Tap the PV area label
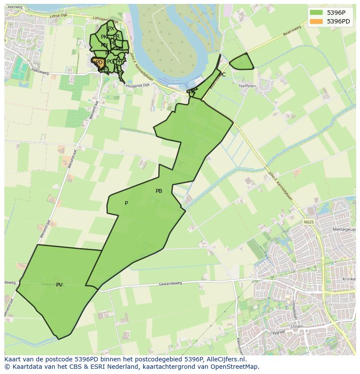coord(60,285)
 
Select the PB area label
coord(159,191)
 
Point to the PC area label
coord(222,75)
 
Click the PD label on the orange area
coord(99,63)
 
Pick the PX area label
coord(111,29)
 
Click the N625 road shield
coord(309,222)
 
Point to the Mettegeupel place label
coord(343,229)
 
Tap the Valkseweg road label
coord(40,73)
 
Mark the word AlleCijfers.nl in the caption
coord(227,359)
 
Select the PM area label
coord(119,49)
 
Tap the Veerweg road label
coord(15,7)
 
